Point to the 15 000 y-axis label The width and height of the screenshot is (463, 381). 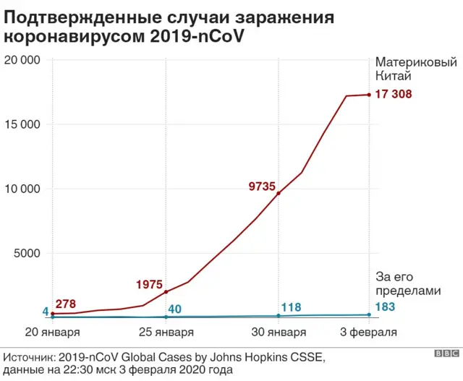[22, 124]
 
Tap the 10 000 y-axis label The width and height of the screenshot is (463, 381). [22, 189]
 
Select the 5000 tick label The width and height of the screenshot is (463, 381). [25, 254]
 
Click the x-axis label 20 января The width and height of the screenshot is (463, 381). [52, 333]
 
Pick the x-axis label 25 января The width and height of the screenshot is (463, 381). [166, 333]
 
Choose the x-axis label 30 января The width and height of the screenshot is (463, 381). [279, 333]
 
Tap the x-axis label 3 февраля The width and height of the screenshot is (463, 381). [369, 333]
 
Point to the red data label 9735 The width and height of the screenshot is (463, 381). [262, 187]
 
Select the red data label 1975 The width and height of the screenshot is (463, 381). [149, 285]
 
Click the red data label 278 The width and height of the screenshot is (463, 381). [65, 304]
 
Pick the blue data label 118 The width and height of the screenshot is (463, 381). [291, 308]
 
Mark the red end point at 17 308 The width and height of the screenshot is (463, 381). [369, 95]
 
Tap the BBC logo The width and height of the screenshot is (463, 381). [446, 354]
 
